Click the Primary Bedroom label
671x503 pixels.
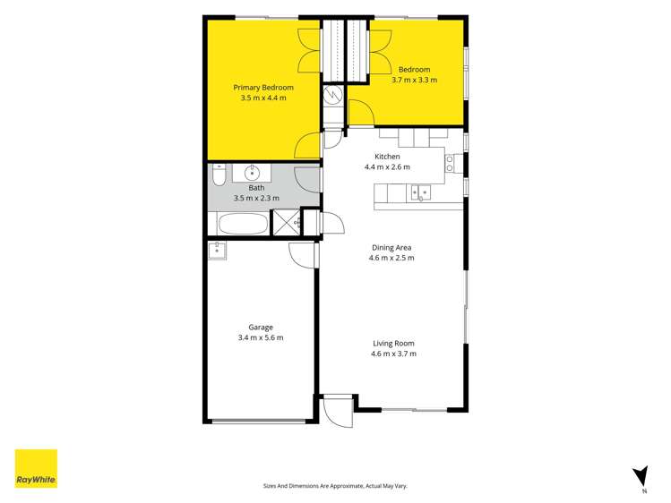[x=263, y=88]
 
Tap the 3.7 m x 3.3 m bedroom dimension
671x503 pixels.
[x=414, y=80]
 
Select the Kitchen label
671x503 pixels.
[x=387, y=157]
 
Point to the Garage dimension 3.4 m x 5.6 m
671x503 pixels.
[x=261, y=337]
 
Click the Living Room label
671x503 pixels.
[x=393, y=343]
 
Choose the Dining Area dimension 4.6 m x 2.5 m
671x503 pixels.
[x=391, y=258]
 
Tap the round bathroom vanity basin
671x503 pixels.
[x=252, y=173]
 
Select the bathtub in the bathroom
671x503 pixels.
[x=243, y=224]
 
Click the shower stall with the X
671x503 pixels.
[x=287, y=222]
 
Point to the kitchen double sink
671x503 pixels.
[x=421, y=193]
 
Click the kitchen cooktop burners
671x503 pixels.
[x=450, y=164]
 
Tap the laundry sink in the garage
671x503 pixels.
[x=218, y=251]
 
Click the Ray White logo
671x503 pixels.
[x=36, y=468]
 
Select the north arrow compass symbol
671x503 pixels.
[x=641, y=477]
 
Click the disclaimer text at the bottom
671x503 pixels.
[x=335, y=486]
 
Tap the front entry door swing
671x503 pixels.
[x=338, y=412]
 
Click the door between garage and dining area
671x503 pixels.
[x=303, y=256]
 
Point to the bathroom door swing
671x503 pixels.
[x=307, y=180]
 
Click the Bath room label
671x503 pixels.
[x=256, y=188]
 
